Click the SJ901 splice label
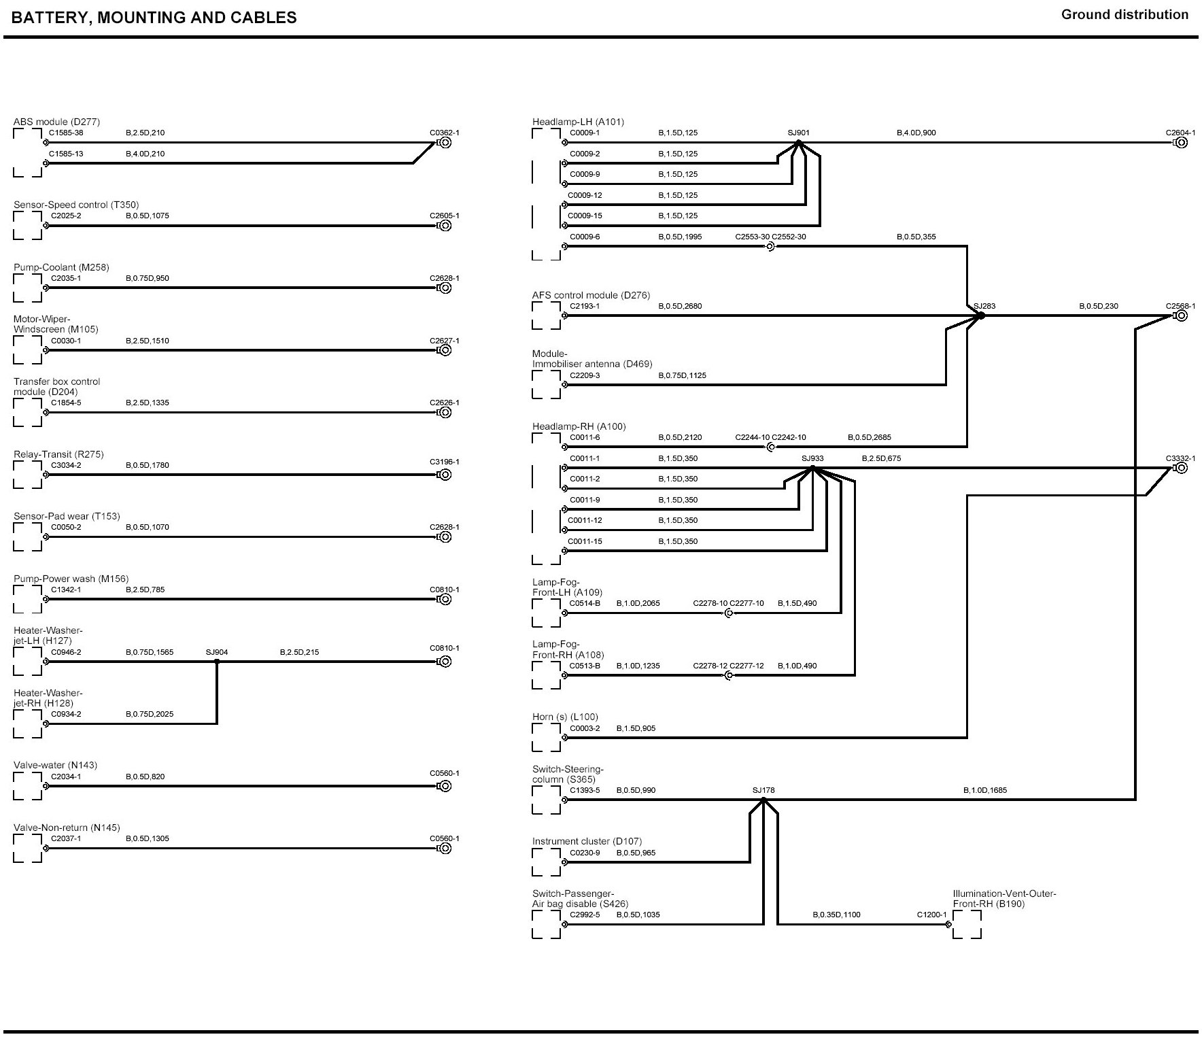tap(798, 133)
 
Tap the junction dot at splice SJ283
tap(981, 316)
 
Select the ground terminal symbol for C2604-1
tap(1182, 143)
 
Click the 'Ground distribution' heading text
tap(1124, 15)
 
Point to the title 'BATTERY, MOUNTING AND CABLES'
tap(154, 18)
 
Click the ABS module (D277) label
tap(56, 122)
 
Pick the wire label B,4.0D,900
tap(916, 133)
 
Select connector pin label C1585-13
tap(66, 154)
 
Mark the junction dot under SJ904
tap(217, 662)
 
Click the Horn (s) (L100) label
tap(565, 717)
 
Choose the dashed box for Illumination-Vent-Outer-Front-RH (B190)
tap(967, 925)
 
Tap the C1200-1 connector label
tap(931, 915)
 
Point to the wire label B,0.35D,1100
tap(836, 915)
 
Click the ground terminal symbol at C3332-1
tap(1182, 468)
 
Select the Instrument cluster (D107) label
tap(587, 841)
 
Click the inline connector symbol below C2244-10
tap(770, 447)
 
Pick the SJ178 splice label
tap(763, 790)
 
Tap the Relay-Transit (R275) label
tap(58, 454)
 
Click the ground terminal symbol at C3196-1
tap(445, 475)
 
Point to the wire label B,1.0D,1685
tap(985, 790)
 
